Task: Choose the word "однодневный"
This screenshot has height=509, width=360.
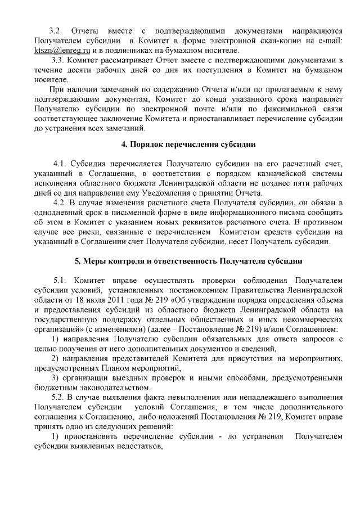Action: tap(59, 213)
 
